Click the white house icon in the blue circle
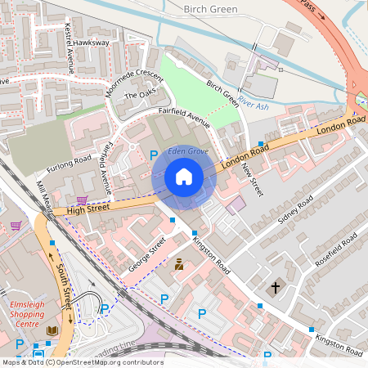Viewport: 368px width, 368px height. tap(184, 177)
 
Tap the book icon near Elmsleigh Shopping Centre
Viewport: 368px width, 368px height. tap(53, 331)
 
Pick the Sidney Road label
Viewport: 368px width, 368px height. tap(295, 211)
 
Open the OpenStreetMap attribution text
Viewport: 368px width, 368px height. tap(82, 362)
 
